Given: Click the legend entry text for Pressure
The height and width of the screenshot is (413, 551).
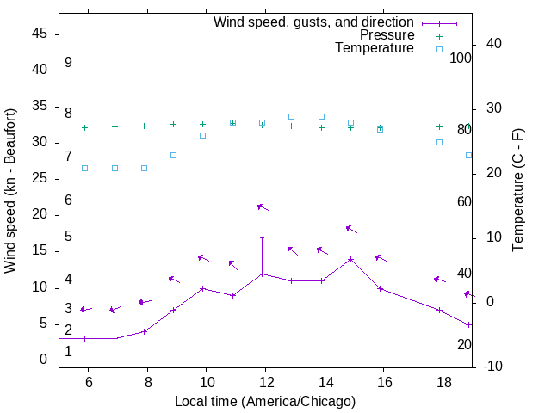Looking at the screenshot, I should click(x=387, y=35).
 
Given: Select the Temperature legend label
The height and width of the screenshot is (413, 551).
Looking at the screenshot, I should click(x=374, y=49).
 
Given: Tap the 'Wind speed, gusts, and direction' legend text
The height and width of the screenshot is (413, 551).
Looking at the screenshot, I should click(x=313, y=22).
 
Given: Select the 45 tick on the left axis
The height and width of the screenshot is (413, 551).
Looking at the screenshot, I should click(x=40, y=34).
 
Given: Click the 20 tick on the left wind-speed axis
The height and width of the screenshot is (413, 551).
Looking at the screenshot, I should click(x=40, y=215).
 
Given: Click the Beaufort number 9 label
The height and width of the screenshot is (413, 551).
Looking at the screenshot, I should click(x=68, y=63).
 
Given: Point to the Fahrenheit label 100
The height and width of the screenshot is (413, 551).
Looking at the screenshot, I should click(x=461, y=58).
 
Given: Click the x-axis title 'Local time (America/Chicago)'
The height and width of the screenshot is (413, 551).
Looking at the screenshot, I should click(x=265, y=401).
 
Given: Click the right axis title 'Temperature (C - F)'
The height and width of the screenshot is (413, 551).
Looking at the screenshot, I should click(x=518, y=191).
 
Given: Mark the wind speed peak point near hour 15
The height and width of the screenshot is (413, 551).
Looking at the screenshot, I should click(x=350, y=259).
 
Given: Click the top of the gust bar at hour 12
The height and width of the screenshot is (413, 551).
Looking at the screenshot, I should click(x=262, y=237).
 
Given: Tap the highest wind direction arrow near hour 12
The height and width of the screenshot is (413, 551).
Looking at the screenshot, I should click(x=263, y=206).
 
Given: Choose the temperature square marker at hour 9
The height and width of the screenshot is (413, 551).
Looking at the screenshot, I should click(x=173, y=155).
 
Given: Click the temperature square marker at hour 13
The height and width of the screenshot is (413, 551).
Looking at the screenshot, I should click(x=291, y=116).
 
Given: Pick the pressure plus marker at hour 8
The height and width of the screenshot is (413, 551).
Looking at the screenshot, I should click(x=144, y=126).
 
